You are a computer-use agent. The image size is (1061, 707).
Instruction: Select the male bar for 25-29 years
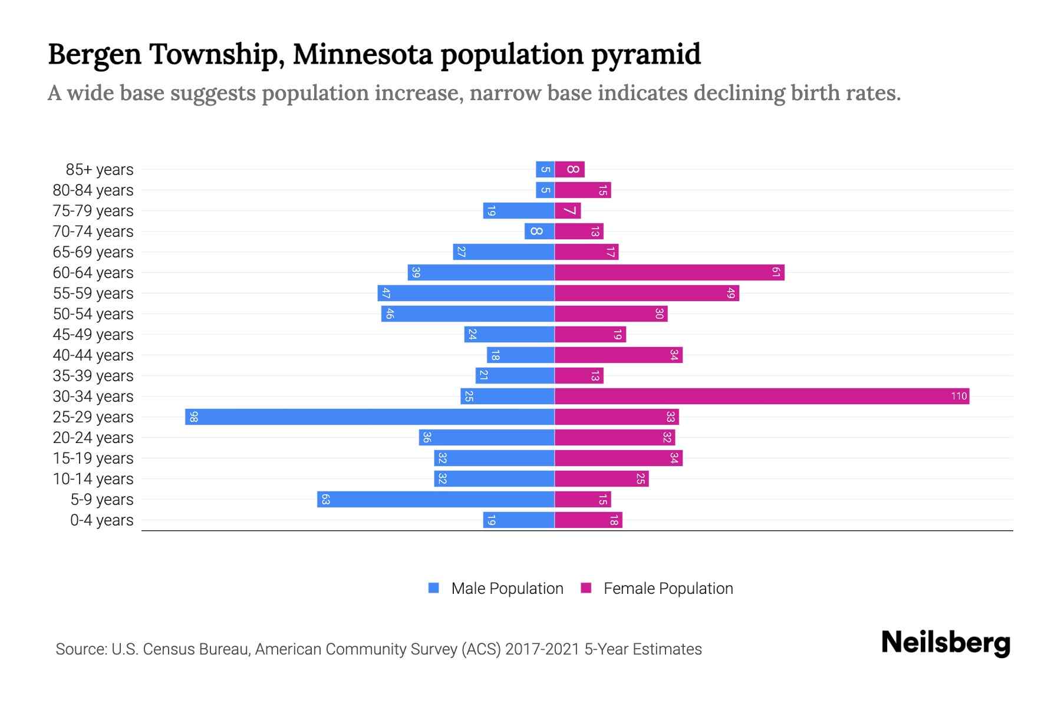tap(370, 417)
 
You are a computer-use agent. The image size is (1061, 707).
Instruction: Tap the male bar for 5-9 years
tap(436, 499)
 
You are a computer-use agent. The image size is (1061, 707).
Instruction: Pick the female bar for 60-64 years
tap(669, 272)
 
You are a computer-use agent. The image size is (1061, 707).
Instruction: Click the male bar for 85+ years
tap(545, 169)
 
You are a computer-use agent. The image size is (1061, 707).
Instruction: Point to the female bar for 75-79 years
tap(568, 210)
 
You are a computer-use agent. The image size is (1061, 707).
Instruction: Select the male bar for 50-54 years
tap(467, 313)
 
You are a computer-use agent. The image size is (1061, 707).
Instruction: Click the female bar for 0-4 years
tap(588, 520)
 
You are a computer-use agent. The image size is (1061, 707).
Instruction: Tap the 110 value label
tap(959, 396)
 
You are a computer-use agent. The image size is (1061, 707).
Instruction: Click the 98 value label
tap(194, 417)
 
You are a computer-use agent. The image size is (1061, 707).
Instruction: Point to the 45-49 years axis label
tap(93, 335)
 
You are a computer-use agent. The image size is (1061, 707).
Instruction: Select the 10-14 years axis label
tap(93, 479)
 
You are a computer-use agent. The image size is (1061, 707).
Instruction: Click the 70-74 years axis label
tap(93, 232)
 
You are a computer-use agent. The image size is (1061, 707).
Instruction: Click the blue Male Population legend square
tap(434, 588)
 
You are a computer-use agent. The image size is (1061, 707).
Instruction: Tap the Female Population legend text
tap(668, 588)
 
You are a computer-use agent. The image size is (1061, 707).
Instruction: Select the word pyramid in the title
tap(646, 54)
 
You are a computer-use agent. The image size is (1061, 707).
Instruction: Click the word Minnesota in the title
tap(363, 54)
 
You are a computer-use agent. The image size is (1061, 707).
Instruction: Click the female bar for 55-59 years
tap(647, 293)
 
